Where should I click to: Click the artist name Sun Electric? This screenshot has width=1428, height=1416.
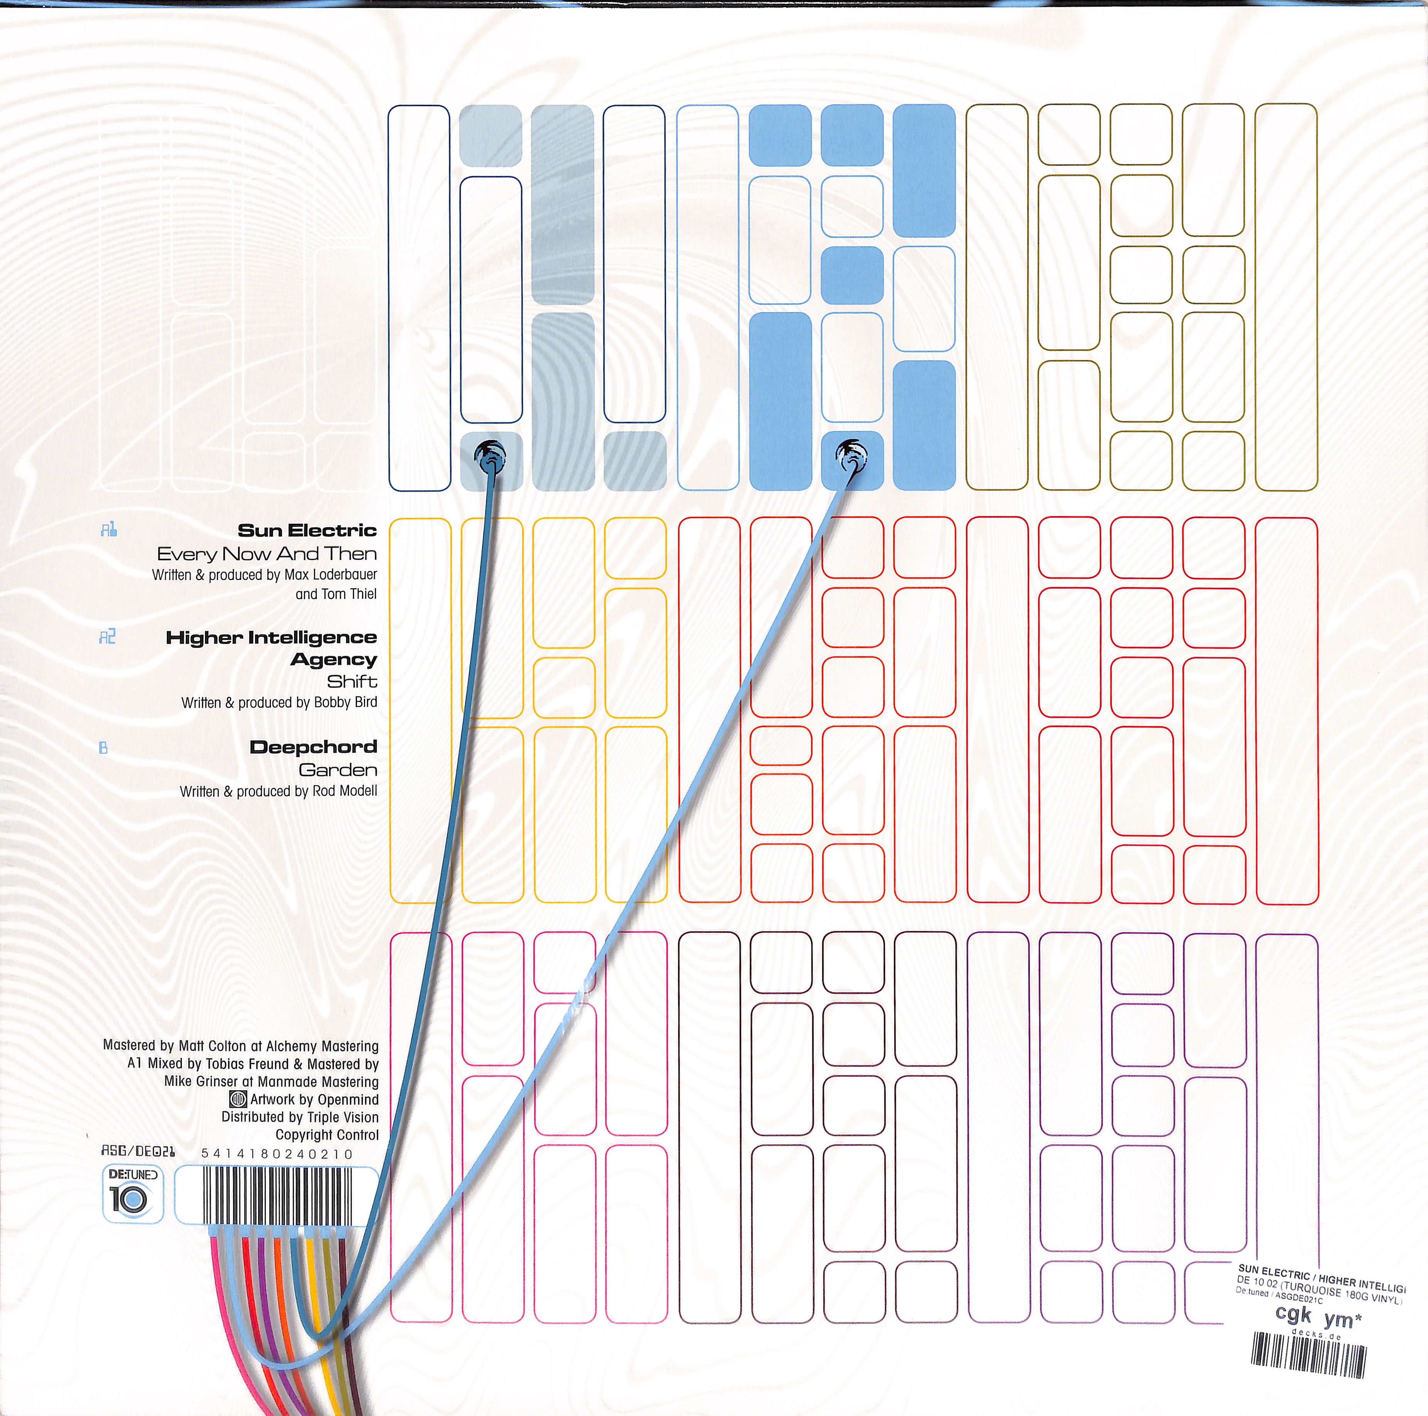(307, 530)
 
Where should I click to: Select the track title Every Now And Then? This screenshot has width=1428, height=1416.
(267, 554)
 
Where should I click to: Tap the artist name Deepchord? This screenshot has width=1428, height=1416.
(313, 747)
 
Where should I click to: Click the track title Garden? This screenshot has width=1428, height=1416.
(338, 770)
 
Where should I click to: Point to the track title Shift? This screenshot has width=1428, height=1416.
(352, 681)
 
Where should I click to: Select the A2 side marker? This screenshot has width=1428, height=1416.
(107, 637)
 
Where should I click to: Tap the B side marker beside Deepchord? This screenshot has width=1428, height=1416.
(103, 748)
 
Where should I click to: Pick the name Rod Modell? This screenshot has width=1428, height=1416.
(344, 791)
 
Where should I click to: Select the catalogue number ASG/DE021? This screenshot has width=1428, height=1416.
(138, 1151)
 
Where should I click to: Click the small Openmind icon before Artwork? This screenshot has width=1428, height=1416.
(238, 1099)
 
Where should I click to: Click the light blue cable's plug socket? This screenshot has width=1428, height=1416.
(851, 455)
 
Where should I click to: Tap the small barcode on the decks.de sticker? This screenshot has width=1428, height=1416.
(1308, 1355)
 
